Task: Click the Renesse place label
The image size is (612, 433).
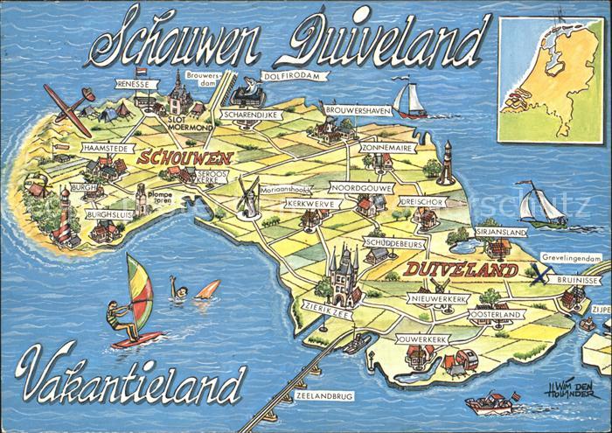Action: click(x=136, y=84)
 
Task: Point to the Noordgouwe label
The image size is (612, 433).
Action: click(x=360, y=187)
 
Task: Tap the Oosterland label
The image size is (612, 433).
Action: click(x=496, y=314)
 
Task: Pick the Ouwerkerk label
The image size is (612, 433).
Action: click(x=422, y=339)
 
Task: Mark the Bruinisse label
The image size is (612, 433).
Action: click(x=576, y=280)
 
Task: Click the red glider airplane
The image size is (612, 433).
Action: click(x=67, y=107)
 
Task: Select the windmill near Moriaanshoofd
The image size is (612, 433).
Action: click(x=248, y=197)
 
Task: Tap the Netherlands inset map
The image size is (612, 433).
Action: click(x=552, y=78)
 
